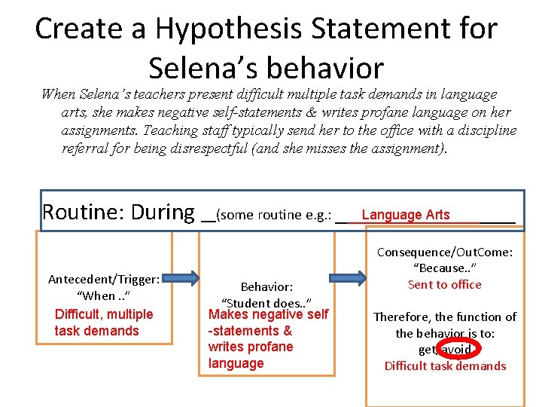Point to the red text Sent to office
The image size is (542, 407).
444,284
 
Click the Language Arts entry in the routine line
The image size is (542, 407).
405,215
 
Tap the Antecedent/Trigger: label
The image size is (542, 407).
104,279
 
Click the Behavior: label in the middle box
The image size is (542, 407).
266,286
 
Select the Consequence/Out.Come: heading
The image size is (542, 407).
445,252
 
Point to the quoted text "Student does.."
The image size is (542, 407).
266,303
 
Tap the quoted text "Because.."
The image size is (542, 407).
445,268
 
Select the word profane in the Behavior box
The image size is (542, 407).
271,347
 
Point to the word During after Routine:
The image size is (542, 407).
163,212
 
